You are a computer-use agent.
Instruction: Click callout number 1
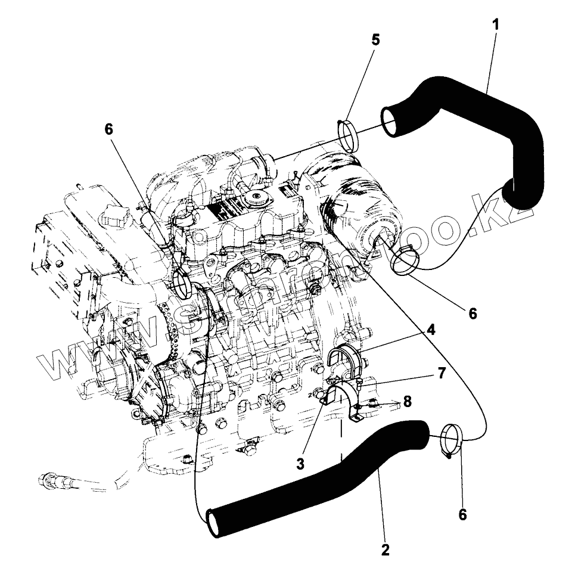click(x=495, y=25)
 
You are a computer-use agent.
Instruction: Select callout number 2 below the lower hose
click(x=386, y=550)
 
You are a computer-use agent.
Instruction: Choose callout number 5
click(x=375, y=40)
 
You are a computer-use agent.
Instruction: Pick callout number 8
click(x=407, y=401)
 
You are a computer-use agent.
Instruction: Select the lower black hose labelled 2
click(x=322, y=477)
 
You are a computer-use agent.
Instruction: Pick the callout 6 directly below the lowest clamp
click(x=462, y=514)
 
